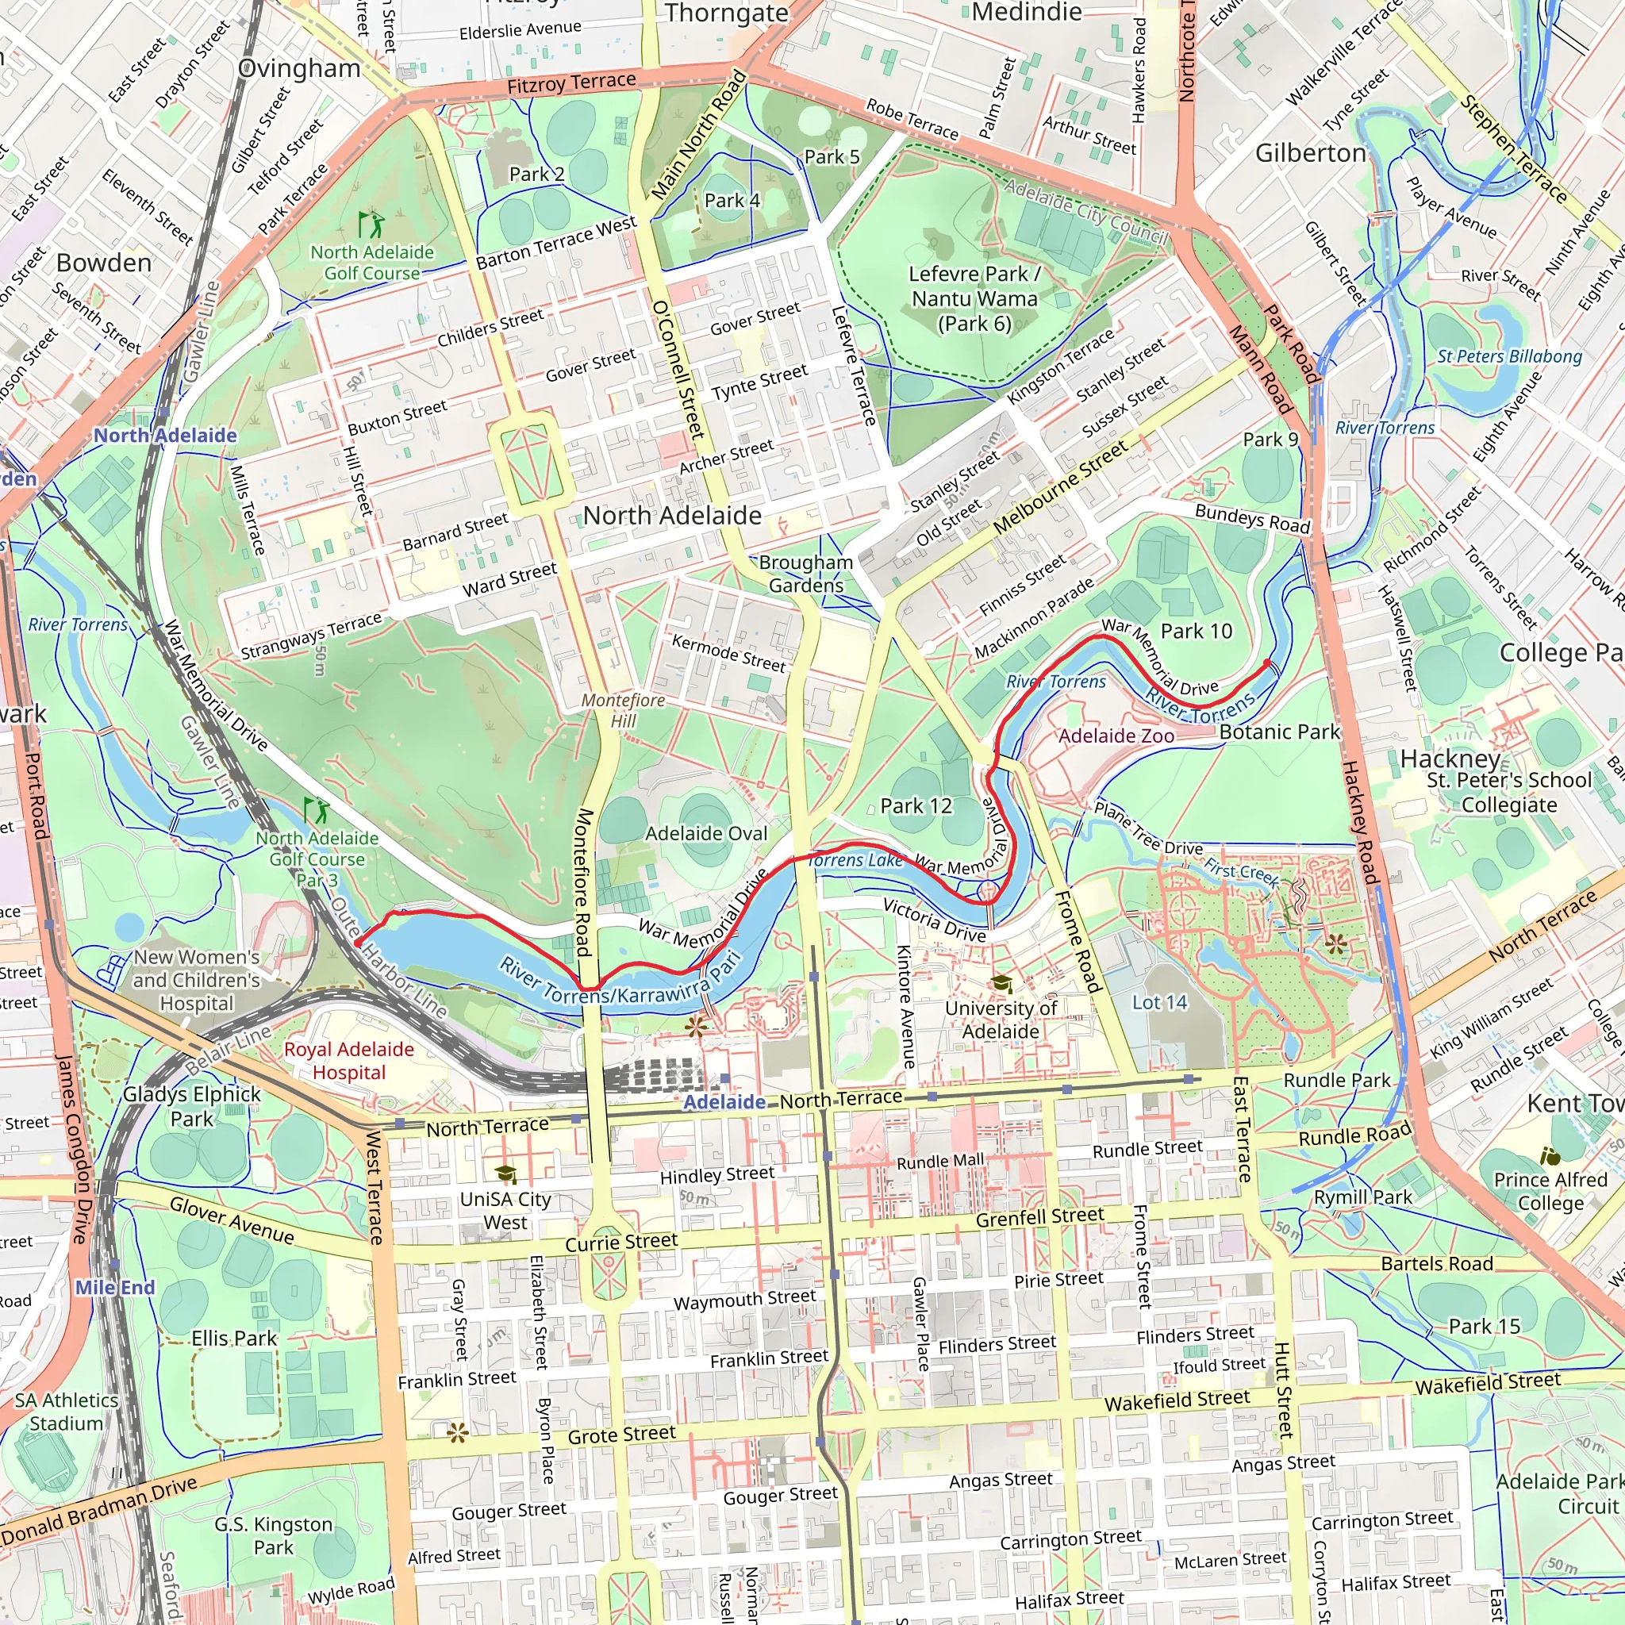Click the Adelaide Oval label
[x=706, y=834]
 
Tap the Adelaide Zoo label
[x=1116, y=736]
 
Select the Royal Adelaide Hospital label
[x=349, y=1061]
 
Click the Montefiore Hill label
[x=623, y=711]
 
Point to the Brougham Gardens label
[x=806, y=574]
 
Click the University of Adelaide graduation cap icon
[x=1001, y=982]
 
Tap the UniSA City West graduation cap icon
[x=505, y=1174]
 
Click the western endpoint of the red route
[x=359, y=943]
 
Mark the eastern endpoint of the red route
[x=1267, y=663]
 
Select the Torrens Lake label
[x=855, y=859]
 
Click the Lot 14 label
[x=1159, y=1002]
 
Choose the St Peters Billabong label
[x=1509, y=355]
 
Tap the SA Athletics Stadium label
[x=67, y=1412]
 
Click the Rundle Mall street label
[x=939, y=1162]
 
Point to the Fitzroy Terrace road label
[x=571, y=83]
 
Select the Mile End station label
[x=115, y=1287]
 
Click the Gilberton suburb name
[x=1311, y=153]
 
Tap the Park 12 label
[x=916, y=806]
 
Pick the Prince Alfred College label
[x=1550, y=1191]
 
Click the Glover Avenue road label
[x=232, y=1220]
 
